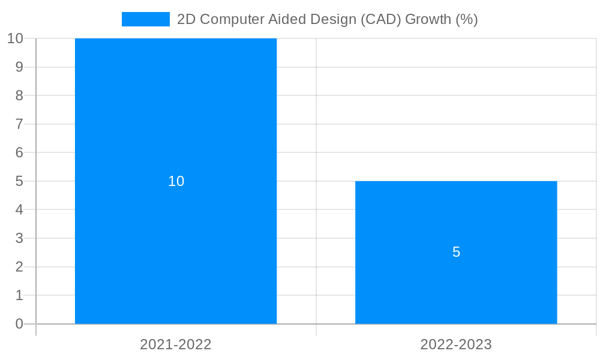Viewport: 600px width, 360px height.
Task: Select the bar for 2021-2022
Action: pos(176,120)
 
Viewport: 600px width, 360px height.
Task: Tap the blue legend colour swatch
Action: pos(146,19)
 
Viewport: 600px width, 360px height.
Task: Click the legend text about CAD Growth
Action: pos(327,19)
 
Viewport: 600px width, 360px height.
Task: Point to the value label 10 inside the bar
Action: pos(176,181)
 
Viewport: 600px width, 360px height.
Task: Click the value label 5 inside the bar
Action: pos(456,252)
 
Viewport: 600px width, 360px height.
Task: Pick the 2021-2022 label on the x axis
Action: pos(176,344)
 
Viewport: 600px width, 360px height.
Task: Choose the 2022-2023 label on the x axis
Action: pos(456,344)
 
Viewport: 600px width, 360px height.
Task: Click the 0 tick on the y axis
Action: pos(19,324)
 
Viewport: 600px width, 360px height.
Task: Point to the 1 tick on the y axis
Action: pos(19,295)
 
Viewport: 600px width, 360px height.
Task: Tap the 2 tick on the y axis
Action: pos(19,267)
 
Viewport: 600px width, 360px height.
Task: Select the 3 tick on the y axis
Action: pos(19,238)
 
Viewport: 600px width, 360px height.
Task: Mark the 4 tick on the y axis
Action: pos(19,210)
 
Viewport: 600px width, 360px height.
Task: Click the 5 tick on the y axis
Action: pos(19,181)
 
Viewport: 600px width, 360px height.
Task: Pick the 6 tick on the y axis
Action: pos(19,152)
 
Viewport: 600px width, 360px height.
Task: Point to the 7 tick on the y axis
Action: pos(19,124)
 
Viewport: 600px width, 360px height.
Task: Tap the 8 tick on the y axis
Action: pos(19,95)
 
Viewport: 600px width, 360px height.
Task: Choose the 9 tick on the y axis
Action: pos(19,67)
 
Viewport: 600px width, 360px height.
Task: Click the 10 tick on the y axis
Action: pos(15,38)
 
